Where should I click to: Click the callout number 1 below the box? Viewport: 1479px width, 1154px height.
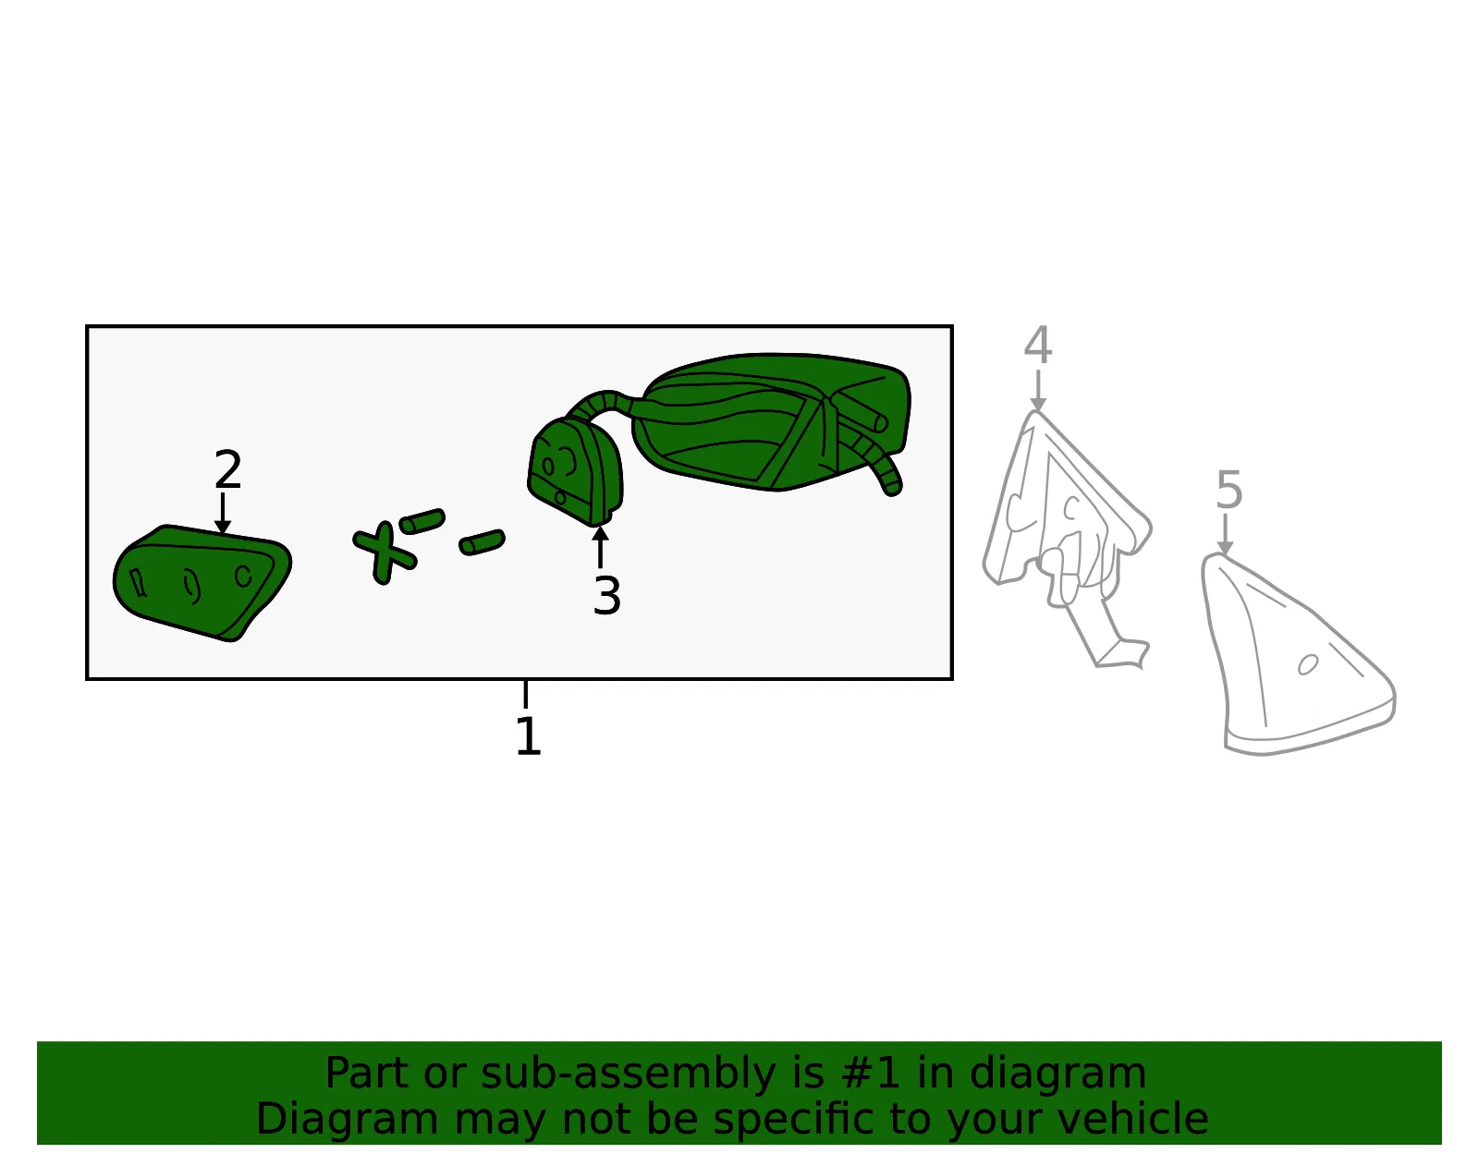[x=529, y=735]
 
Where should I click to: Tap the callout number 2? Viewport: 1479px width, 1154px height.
[x=228, y=468]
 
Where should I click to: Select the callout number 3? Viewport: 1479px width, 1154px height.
[x=606, y=596]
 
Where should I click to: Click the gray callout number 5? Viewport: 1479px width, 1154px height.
[x=1229, y=489]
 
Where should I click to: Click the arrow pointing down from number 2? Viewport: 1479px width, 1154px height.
[x=223, y=514]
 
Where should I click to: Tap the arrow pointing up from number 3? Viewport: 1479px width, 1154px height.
[x=600, y=547]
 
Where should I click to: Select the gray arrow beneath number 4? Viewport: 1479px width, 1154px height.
[x=1038, y=390]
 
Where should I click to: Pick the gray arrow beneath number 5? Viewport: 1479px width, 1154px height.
[x=1225, y=534]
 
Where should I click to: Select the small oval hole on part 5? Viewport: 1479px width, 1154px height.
[x=1308, y=664]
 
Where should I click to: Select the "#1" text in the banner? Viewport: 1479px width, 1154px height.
[x=871, y=1073]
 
